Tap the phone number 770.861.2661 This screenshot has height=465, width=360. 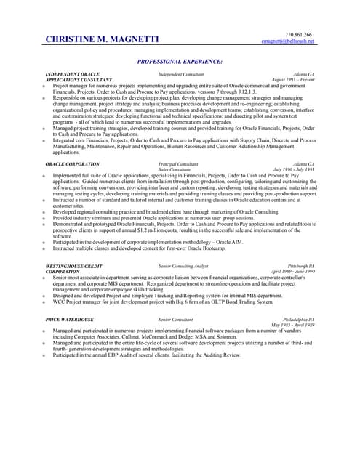(300, 35)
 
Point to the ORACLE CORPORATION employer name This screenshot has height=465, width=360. (72, 164)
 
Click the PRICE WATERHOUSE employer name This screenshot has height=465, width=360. (69, 320)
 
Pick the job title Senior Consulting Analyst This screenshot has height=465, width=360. (183, 267)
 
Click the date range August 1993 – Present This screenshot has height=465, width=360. (293, 80)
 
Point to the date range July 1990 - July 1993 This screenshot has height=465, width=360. (294, 170)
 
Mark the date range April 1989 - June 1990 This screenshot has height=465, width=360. (293, 272)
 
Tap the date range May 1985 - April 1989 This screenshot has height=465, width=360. (293, 325)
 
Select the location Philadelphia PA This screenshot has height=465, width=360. (299, 320)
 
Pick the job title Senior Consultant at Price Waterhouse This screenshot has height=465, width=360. (175, 320)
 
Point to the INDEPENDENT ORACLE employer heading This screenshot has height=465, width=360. (72, 74)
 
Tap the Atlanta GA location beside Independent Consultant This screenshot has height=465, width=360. (304, 74)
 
